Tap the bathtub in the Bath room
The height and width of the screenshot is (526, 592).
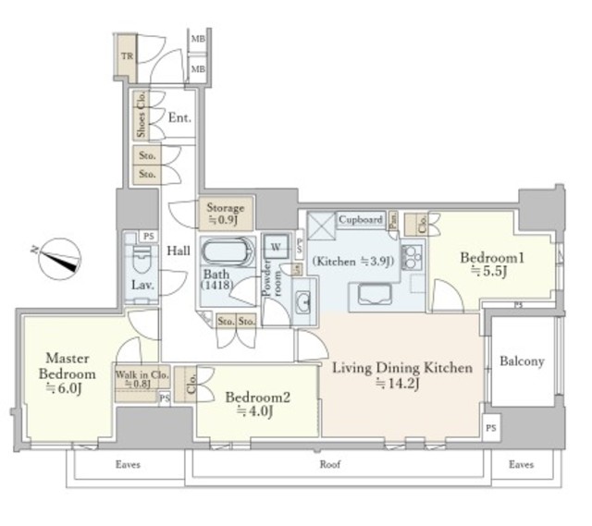coord(227,252)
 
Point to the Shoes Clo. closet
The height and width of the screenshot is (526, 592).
coord(142,116)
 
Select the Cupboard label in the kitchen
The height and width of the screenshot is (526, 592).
coord(360,220)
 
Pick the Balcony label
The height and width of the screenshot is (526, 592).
coord(522,361)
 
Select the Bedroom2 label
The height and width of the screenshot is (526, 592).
coord(258,403)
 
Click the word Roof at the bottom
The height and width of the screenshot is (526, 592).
coord(328,465)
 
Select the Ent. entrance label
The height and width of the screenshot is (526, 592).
coord(179,117)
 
